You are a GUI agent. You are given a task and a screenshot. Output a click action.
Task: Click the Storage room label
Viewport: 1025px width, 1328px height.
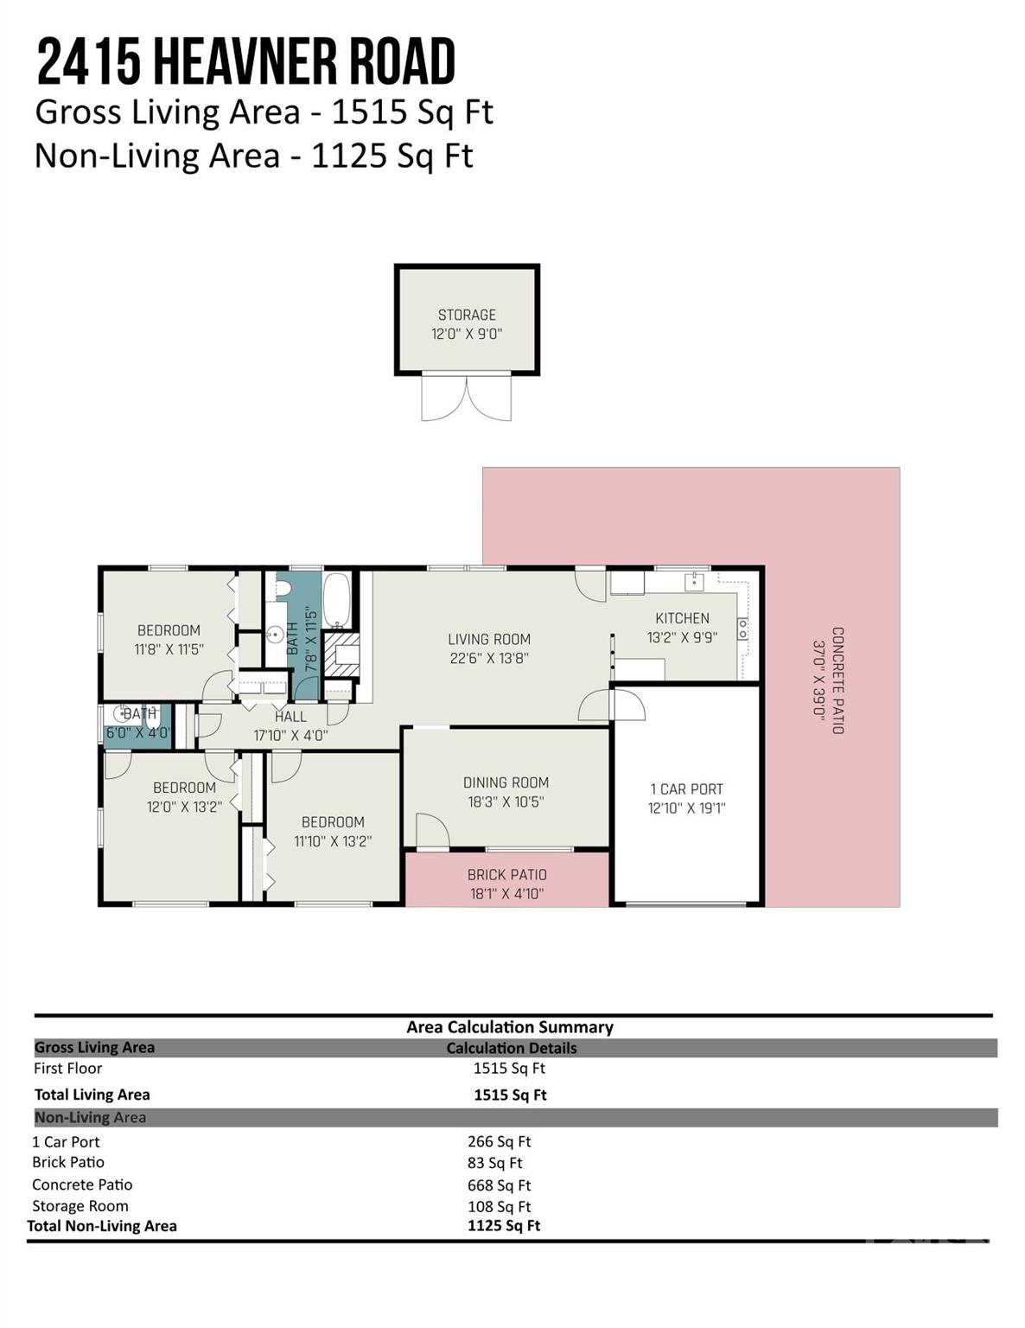[467, 315]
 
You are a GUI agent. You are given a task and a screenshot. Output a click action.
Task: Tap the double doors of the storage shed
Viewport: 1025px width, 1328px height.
[466, 398]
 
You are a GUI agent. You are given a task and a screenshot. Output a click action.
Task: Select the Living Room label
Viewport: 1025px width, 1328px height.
[489, 639]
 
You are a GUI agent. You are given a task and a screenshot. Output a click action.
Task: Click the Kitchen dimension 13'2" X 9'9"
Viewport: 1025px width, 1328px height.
[682, 637]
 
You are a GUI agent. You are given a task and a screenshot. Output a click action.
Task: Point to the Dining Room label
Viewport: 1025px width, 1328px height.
[506, 782]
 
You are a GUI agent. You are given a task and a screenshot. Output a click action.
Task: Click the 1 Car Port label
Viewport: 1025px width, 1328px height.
[686, 788]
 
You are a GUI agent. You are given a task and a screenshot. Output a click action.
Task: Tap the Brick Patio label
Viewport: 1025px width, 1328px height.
[506, 874]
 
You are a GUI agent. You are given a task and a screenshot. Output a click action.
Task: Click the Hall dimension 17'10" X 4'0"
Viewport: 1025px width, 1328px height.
[290, 736]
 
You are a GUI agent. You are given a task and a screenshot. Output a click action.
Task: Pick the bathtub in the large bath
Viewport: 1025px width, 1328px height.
[336, 600]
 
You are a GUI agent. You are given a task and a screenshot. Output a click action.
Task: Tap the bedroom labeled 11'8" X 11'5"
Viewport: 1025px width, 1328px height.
[169, 640]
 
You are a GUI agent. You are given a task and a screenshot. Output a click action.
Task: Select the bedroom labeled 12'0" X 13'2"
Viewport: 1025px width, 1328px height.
[184, 797]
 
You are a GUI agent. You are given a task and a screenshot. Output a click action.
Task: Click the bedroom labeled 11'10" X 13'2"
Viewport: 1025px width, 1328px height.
[333, 832]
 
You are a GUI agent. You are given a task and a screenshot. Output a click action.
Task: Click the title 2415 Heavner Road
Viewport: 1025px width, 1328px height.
[245, 62]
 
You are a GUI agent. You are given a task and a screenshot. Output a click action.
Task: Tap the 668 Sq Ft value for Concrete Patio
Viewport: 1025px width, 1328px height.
[499, 1185]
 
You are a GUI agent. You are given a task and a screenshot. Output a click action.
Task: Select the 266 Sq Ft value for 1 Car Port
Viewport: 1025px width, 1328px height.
[499, 1141]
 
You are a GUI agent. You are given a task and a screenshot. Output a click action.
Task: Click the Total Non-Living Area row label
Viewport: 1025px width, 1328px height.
[102, 1226]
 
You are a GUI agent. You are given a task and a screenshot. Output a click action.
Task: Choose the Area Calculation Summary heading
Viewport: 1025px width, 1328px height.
[510, 1027]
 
